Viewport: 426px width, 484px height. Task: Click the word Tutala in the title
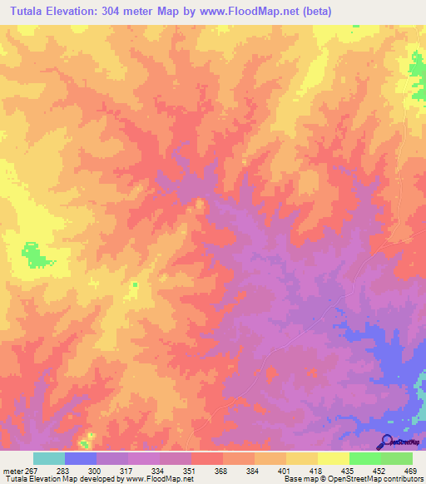(x=25, y=12)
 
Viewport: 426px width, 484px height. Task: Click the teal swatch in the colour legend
(x=48, y=458)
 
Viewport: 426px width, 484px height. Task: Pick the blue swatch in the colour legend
(x=81, y=458)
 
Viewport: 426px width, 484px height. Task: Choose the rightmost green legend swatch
(x=397, y=458)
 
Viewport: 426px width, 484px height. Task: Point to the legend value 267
(x=32, y=471)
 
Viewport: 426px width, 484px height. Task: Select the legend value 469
(x=409, y=471)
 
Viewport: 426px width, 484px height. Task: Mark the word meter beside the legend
(x=12, y=471)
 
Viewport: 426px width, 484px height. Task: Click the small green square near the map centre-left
(x=134, y=285)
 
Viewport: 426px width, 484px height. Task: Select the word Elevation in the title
(x=74, y=12)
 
